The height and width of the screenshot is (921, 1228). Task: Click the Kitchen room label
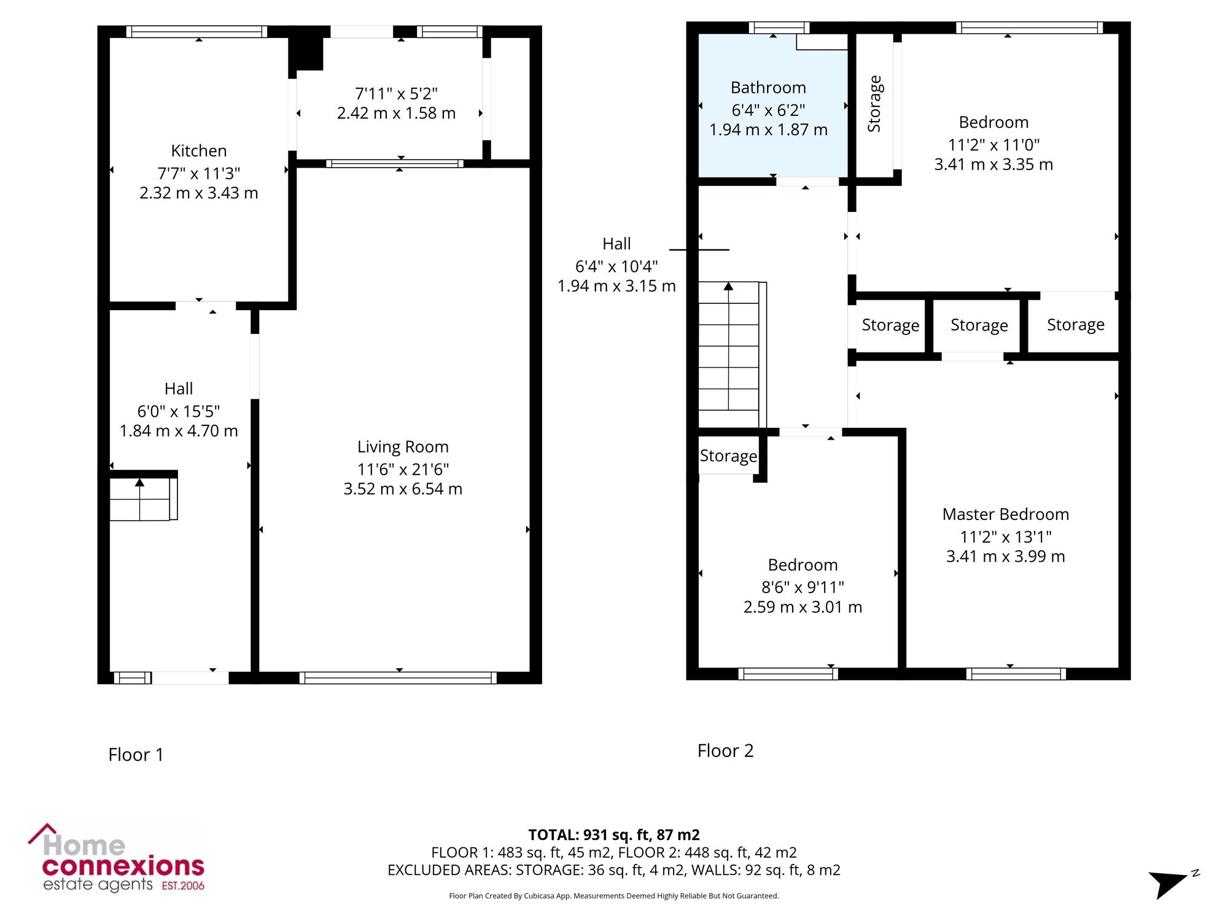point(199,151)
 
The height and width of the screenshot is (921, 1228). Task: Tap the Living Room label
point(403,447)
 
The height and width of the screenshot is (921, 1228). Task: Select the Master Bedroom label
point(1006,515)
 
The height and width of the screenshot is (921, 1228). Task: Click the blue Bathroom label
point(768,88)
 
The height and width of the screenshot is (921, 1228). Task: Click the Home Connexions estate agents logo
point(117,858)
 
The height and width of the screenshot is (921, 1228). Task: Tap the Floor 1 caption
point(136,755)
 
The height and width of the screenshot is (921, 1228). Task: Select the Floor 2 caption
point(725,751)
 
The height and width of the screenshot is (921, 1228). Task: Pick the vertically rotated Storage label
point(874,104)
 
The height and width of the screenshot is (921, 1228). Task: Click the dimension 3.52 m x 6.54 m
point(403,489)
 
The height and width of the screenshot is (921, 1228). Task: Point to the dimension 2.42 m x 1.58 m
point(396,114)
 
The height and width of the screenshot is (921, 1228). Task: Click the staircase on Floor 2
point(733,354)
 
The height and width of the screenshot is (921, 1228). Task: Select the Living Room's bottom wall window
point(398,678)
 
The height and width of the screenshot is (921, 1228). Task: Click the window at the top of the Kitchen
point(197,32)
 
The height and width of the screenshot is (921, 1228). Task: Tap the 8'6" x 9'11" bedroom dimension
point(803,588)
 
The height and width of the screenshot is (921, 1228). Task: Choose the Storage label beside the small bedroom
point(729,456)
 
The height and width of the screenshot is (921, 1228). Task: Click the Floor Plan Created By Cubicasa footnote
point(614,896)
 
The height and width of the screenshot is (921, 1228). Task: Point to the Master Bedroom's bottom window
point(1016,674)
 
